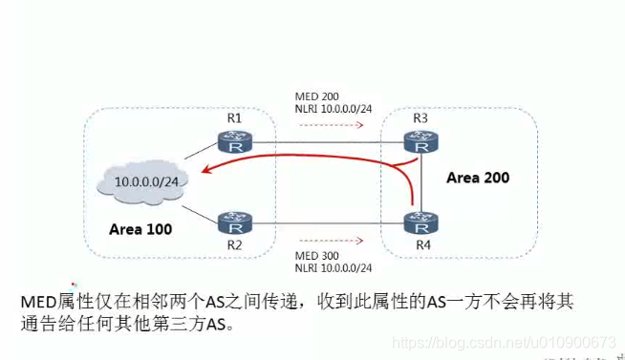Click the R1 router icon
(x=234, y=142)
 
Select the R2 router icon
(x=234, y=223)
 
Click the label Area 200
(x=479, y=178)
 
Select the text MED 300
(x=315, y=255)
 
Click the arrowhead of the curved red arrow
(x=191, y=174)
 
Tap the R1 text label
(x=234, y=118)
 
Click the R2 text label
(x=234, y=248)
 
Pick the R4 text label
(x=420, y=248)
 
